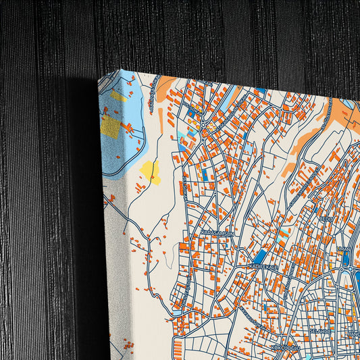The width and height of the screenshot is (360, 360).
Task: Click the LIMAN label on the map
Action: (344, 248)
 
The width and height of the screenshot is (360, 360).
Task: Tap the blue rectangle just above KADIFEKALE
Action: (260, 256)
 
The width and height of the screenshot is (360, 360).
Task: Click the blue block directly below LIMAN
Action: (345, 259)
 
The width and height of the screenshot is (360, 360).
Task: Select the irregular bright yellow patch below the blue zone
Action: (150, 172)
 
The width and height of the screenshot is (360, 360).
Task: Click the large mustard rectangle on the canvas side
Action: (110, 125)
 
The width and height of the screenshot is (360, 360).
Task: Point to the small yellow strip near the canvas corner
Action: (118, 96)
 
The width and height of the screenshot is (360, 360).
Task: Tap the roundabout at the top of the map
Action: (203, 126)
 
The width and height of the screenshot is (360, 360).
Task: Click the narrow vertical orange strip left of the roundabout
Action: (160, 121)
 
